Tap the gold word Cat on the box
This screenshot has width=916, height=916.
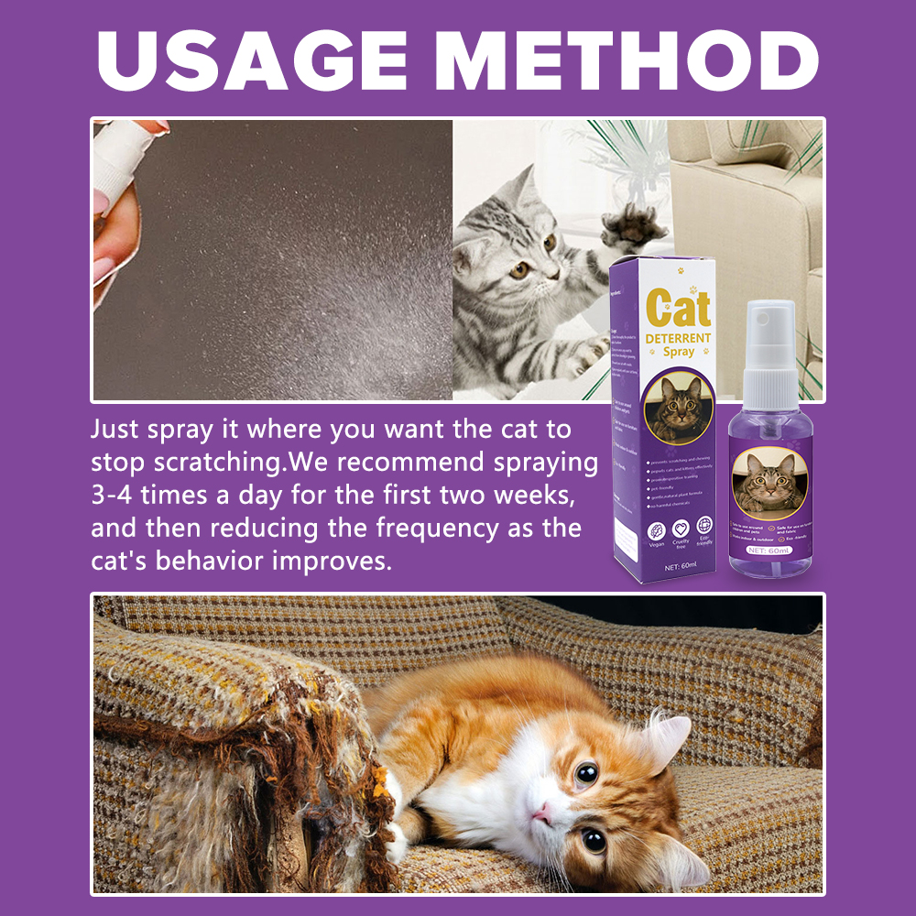click(678, 309)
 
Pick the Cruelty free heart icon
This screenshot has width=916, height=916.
click(680, 529)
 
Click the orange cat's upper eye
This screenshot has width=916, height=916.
click(587, 774)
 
